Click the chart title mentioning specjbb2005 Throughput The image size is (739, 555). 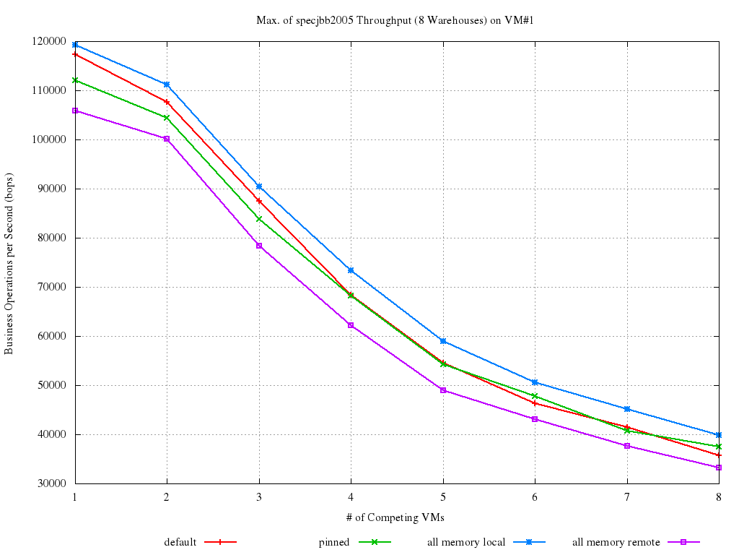tap(394, 20)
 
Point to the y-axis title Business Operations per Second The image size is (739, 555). tap(9, 263)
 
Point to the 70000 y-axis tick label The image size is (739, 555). tap(51, 288)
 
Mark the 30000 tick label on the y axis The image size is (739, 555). tap(51, 484)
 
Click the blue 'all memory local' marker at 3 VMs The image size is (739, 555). tap(259, 186)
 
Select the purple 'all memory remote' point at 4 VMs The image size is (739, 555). tap(351, 325)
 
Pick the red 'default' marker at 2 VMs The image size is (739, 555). tap(167, 102)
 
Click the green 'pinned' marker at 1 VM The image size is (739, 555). tap(75, 80)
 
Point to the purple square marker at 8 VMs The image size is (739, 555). tap(719, 468)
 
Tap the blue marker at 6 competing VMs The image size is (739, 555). tap(535, 382)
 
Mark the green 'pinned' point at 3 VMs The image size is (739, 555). tap(259, 219)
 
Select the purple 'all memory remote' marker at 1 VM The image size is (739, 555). tap(75, 111)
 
